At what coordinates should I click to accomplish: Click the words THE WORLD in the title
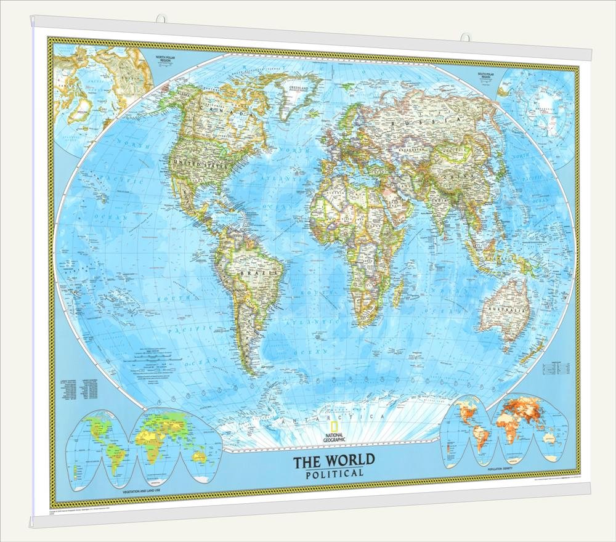[x=333, y=460]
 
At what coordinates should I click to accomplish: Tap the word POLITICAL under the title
[x=334, y=473]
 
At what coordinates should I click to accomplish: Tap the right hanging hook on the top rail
[x=465, y=37]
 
